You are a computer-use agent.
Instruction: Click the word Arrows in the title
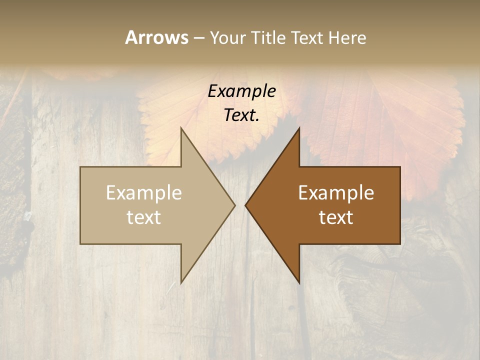(156, 37)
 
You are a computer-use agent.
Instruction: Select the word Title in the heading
(268, 37)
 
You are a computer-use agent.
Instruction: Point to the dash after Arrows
(198, 38)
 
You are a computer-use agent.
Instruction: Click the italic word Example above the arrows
(242, 91)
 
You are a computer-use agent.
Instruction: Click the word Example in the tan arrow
(144, 193)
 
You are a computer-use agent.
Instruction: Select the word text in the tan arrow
(144, 217)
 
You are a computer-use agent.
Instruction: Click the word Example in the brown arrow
(336, 193)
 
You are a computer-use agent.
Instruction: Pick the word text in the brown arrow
(336, 217)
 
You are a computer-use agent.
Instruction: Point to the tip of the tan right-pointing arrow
(234, 205)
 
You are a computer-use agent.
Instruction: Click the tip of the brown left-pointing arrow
(245, 205)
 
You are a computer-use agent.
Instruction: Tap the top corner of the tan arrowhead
(181, 128)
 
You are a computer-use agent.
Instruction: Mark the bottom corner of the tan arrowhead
(181, 282)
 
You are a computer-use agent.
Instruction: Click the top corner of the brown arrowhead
(299, 128)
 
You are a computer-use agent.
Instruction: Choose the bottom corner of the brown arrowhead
(299, 282)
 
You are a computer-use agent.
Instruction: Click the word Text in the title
(308, 37)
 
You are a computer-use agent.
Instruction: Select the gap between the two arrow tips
(240, 205)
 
